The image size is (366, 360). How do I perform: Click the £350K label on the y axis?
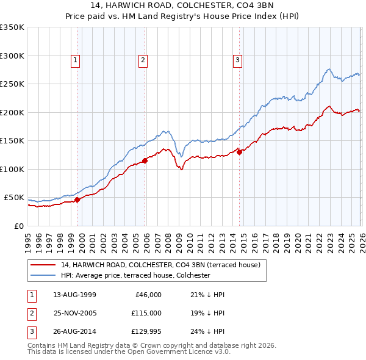pyautogui.click(x=12, y=27)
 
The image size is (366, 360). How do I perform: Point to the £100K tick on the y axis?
pyautogui.click(x=12, y=169)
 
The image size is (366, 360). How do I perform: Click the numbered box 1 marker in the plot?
pyautogui.click(x=74, y=60)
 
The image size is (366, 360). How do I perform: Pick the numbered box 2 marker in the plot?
pyautogui.click(x=142, y=60)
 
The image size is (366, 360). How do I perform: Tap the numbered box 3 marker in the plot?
pyautogui.click(x=237, y=60)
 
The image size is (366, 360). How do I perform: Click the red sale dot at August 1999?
pyautogui.click(x=77, y=200)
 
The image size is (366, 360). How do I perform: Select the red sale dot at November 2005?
pyautogui.click(x=145, y=161)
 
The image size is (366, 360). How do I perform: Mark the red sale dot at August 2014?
pyautogui.click(x=240, y=153)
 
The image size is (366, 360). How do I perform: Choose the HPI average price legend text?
pyautogui.click(x=135, y=275)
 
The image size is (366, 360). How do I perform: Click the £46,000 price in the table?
pyautogui.click(x=147, y=295)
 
